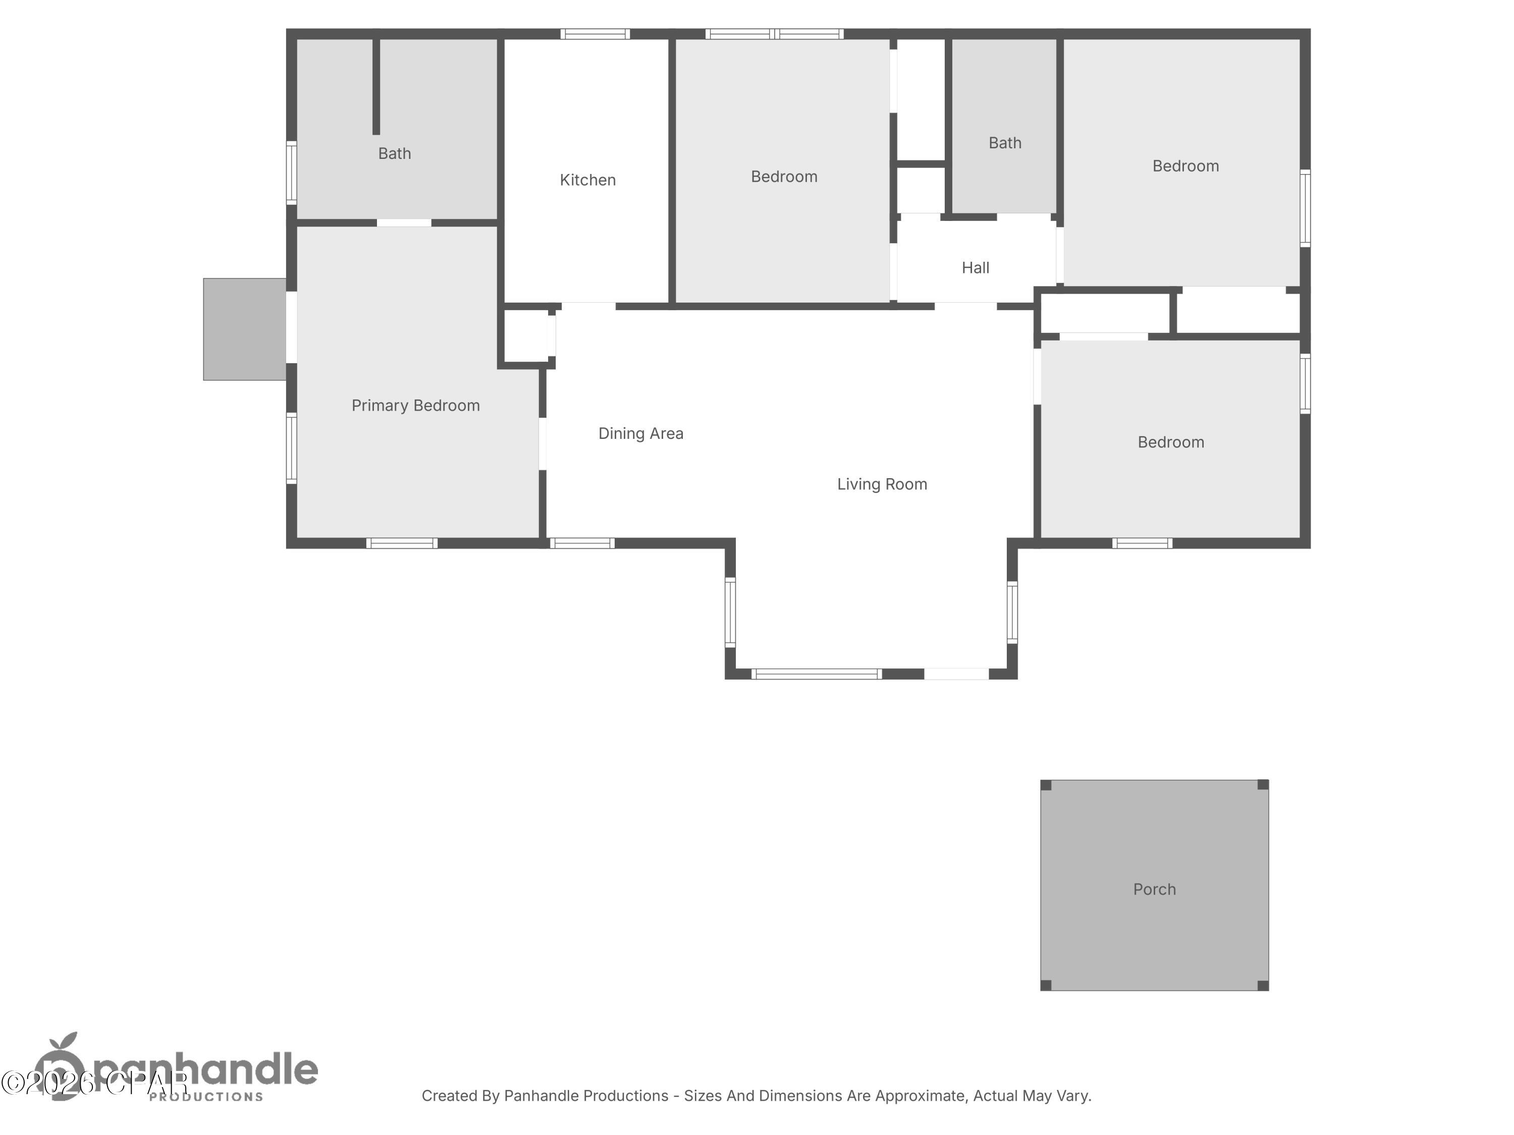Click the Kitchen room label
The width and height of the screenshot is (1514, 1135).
pos(587,180)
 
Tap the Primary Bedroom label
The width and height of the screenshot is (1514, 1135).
pos(415,406)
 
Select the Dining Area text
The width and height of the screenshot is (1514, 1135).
pos(640,434)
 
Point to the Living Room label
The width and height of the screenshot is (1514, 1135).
pos(882,484)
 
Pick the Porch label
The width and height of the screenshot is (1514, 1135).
pos(1154,889)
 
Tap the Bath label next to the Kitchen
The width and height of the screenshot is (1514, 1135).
pos(394,153)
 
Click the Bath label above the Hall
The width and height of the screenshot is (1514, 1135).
pos(1005,143)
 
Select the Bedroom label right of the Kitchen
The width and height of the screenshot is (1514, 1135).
pos(784,177)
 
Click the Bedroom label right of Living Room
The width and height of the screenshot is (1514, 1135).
pos(1170,442)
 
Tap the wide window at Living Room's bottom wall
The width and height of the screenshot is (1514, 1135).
pos(816,674)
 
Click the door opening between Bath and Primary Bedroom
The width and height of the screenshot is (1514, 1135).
pos(404,222)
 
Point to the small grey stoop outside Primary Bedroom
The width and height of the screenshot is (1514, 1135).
pos(244,329)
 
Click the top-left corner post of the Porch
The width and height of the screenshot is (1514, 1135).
pos(1046,785)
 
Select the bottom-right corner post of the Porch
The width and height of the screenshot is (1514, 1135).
pos(1263,985)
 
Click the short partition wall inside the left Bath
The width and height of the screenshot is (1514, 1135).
pos(376,86)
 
